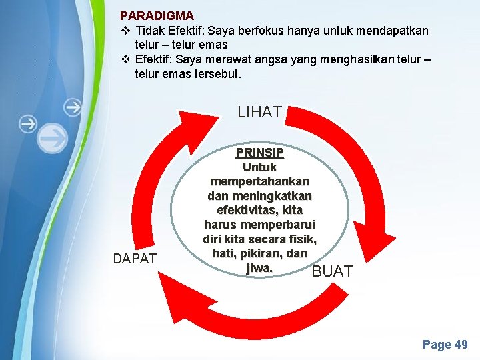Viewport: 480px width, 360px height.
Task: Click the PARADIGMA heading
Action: coord(157,15)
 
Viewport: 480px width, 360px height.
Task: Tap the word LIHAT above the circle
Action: coord(259,112)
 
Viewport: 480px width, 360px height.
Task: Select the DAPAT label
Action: coord(135,259)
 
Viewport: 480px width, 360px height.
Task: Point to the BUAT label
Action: coord(333,271)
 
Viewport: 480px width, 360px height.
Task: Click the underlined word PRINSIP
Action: coord(259,153)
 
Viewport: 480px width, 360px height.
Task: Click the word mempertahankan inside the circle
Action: coord(259,181)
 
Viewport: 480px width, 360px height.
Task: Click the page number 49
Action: coord(461,345)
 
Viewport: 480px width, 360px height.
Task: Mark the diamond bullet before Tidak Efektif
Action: coord(125,31)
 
